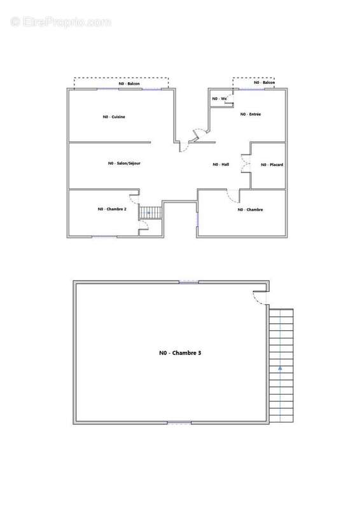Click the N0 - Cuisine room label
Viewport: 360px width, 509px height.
[x=114, y=117]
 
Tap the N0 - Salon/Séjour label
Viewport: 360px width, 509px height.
[x=124, y=164]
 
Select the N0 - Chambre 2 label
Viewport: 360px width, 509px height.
[x=112, y=209]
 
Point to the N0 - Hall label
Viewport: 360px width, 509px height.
[x=220, y=165]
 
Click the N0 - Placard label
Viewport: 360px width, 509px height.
[x=272, y=165]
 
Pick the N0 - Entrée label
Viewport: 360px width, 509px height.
[x=251, y=114]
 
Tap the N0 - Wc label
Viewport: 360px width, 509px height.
[x=219, y=99]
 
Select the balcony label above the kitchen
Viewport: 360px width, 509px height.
[x=129, y=83]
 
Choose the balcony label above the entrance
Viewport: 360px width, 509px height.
[x=265, y=83]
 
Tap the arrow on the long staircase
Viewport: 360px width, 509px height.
[x=279, y=368]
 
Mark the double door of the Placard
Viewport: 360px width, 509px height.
[x=244, y=164]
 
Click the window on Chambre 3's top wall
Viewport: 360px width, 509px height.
[x=189, y=282]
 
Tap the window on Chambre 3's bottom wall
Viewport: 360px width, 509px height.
[x=179, y=422]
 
